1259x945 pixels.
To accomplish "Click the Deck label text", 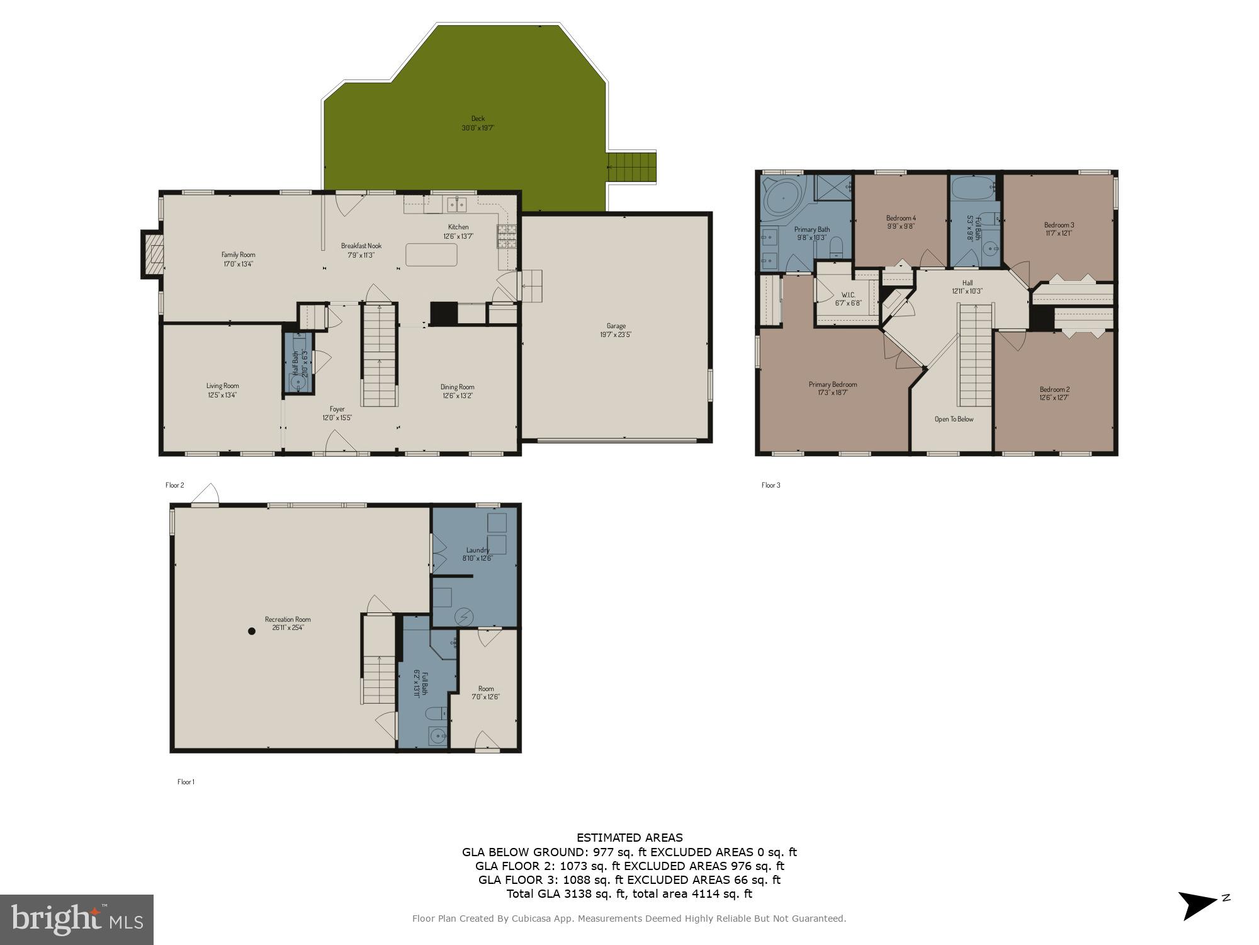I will pyautogui.click(x=478, y=118).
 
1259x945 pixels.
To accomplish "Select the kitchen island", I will pyautogui.click(x=431, y=255).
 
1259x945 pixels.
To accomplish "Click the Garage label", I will pyautogui.click(x=616, y=326).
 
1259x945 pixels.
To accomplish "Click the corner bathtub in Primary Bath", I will pyautogui.click(x=781, y=196).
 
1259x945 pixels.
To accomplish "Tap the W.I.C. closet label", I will pyautogui.click(x=848, y=295).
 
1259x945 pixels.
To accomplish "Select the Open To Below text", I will pyautogui.click(x=954, y=419).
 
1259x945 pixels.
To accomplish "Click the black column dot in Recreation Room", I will pyautogui.click(x=251, y=631).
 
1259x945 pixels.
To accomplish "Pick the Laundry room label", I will pyautogui.click(x=478, y=550).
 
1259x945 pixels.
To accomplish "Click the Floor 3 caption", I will pyautogui.click(x=771, y=485).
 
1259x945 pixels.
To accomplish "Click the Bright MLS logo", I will pyautogui.click(x=76, y=920).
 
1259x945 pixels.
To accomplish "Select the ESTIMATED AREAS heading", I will pyautogui.click(x=629, y=837).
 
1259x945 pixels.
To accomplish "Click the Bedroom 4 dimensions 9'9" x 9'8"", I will pyautogui.click(x=901, y=226).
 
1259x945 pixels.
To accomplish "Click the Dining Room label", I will pyautogui.click(x=457, y=387).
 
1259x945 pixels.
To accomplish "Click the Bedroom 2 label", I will pyautogui.click(x=1054, y=389).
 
